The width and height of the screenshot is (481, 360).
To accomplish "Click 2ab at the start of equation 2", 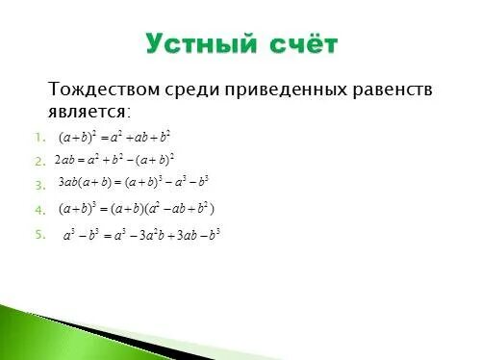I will (64, 160).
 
